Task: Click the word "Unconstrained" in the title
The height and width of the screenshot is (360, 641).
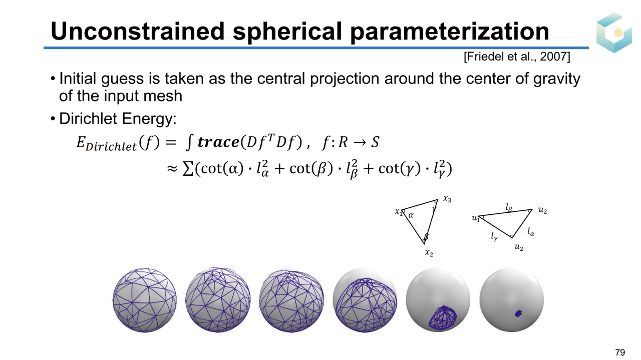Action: [x=138, y=31]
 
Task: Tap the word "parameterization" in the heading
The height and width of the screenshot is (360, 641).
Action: [x=450, y=32]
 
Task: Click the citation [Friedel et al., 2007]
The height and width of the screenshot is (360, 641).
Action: [x=517, y=57]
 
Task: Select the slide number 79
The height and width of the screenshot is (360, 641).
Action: [x=620, y=352]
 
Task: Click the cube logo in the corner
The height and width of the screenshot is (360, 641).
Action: [x=614, y=33]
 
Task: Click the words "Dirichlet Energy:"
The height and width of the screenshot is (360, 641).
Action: [x=118, y=119]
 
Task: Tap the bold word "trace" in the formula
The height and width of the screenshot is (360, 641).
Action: [x=218, y=142]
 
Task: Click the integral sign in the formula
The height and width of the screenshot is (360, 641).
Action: [x=189, y=142]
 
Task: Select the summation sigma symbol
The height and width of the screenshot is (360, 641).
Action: [x=188, y=169]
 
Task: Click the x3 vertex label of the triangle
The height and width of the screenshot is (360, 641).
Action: [x=447, y=199]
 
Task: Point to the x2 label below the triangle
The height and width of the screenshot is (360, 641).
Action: [x=429, y=253]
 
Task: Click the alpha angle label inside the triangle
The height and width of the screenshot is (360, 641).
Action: [x=411, y=215]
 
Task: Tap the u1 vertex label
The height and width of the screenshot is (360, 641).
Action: [x=476, y=219]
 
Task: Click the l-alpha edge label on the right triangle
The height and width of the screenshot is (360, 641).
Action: [x=531, y=232]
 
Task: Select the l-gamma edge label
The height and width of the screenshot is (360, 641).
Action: [x=494, y=237]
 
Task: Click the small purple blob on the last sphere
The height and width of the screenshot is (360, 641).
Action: [x=518, y=313]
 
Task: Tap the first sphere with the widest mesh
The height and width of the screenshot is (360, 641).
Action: [x=145, y=300]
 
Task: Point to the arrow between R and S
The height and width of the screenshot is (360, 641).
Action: [x=360, y=143]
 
